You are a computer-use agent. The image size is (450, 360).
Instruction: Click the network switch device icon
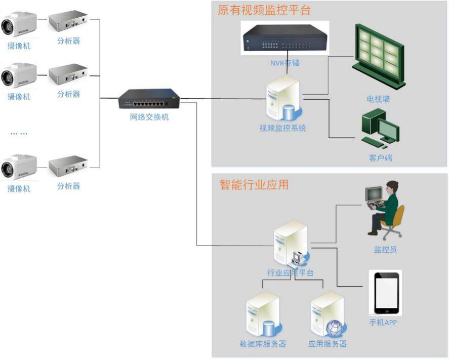[149, 99]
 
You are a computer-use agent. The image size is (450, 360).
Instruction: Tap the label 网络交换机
[149, 117]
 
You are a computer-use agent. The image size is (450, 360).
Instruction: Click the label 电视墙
[378, 99]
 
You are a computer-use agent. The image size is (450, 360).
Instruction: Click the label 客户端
[380, 158]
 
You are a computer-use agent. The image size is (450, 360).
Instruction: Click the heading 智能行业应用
[254, 185]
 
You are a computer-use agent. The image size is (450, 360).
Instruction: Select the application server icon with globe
[328, 315]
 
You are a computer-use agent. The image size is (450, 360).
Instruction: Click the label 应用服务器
[328, 344]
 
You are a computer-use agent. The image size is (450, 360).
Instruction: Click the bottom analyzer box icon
[68, 165]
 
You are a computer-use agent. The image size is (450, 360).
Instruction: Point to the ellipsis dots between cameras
[19, 134]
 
